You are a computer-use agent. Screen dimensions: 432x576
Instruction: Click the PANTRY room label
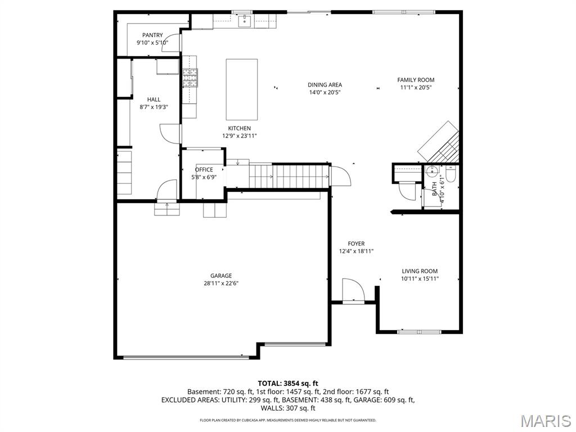coord(152,35)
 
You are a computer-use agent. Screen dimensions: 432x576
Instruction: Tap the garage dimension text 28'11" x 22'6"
coord(221,283)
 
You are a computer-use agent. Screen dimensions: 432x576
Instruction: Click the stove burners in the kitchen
coord(190,77)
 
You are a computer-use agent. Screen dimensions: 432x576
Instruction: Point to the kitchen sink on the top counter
coord(245,22)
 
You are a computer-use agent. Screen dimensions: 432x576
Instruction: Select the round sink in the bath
coord(434,171)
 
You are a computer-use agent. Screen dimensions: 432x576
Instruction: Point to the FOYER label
coord(356,244)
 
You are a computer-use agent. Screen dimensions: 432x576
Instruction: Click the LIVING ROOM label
coord(420,271)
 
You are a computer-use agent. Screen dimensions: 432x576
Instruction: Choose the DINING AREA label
coord(325,85)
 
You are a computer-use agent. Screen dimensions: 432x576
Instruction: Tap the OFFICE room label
coord(204,170)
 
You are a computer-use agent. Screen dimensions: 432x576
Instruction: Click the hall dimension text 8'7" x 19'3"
coord(154,107)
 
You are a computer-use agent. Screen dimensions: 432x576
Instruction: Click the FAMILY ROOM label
coord(416,80)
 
